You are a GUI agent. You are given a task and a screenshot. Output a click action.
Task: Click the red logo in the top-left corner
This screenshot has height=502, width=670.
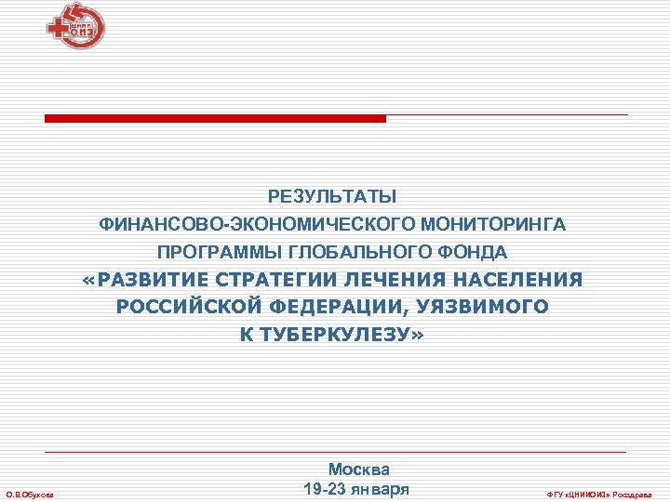pyautogui.click(x=75, y=25)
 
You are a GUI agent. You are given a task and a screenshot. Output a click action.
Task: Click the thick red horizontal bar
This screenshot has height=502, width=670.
pyautogui.click(x=215, y=119)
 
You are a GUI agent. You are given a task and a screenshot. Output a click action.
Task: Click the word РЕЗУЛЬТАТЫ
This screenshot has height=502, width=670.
pyautogui.click(x=332, y=197)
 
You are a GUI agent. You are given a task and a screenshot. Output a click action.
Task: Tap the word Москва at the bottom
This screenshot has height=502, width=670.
pyautogui.click(x=359, y=470)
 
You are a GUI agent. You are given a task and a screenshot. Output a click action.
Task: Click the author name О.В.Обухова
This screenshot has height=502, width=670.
pyautogui.click(x=29, y=494)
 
